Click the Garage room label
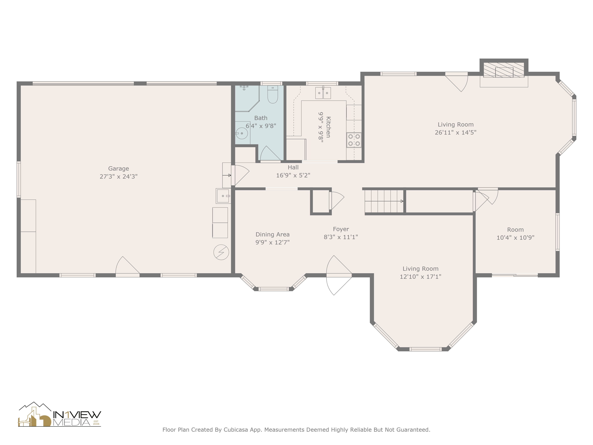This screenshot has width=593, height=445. point(118,169)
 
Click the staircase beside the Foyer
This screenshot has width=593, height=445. point(384,201)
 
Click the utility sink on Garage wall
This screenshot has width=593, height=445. point(223,196)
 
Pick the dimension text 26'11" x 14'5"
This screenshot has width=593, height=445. point(455,132)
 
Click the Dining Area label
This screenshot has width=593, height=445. point(272,234)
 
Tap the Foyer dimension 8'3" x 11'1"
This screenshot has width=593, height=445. point(341,237)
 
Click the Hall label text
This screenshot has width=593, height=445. point(293,167)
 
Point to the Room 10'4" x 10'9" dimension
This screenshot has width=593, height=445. point(515,237)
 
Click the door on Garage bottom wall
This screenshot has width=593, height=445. point(128,268)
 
